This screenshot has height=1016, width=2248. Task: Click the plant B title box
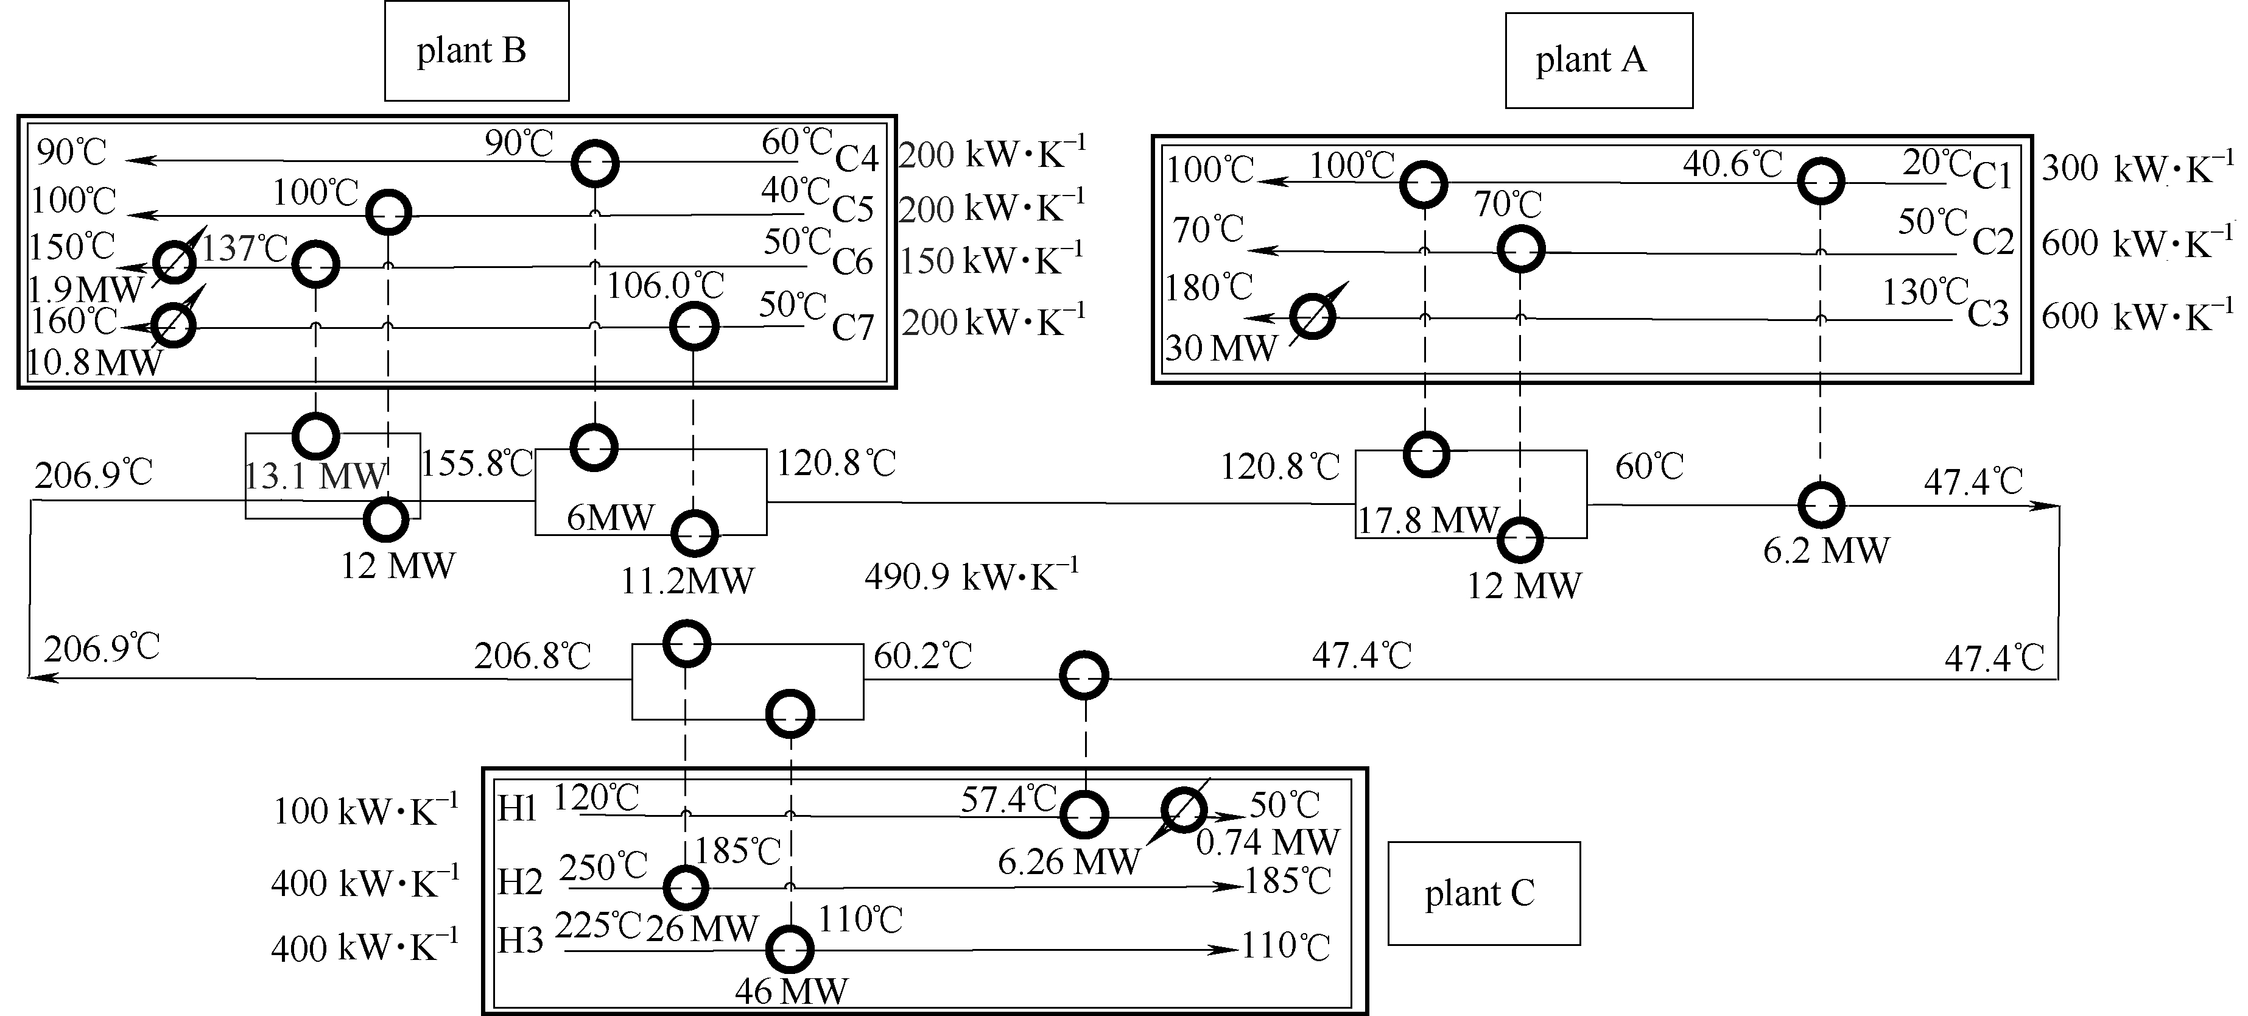pyautogui.click(x=477, y=51)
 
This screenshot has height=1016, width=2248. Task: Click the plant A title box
pyautogui.click(x=1599, y=60)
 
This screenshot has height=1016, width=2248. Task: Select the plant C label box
pyautogui.click(x=1483, y=893)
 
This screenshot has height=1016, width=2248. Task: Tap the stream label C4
pyautogui.click(x=856, y=159)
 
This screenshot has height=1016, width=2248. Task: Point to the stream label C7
pyautogui.click(x=852, y=327)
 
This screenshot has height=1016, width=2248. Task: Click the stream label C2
pyautogui.click(x=1993, y=242)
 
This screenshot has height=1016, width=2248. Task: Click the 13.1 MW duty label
pyautogui.click(x=314, y=476)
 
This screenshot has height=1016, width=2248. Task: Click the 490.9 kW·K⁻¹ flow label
pyautogui.click(x=971, y=577)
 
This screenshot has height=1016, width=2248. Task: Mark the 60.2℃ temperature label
pyautogui.click(x=922, y=655)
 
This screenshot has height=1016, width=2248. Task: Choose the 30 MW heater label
pyautogui.click(x=1220, y=349)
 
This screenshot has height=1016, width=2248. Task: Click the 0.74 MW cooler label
pyautogui.click(x=1267, y=842)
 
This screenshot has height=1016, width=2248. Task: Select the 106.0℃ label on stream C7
pyautogui.click(x=665, y=286)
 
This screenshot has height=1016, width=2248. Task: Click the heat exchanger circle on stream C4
pyautogui.click(x=595, y=163)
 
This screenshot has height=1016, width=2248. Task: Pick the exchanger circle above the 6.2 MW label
pyautogui.click(x=1821, y=504)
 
